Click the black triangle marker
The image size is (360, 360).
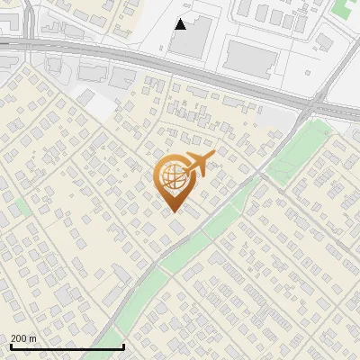tap(181, 24)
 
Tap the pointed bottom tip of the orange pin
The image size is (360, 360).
tap(174, 211)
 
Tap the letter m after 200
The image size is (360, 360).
tap(32, 338)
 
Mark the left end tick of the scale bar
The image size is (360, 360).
tap(11, 346)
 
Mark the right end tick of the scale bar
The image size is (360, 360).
tap(122, 346)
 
